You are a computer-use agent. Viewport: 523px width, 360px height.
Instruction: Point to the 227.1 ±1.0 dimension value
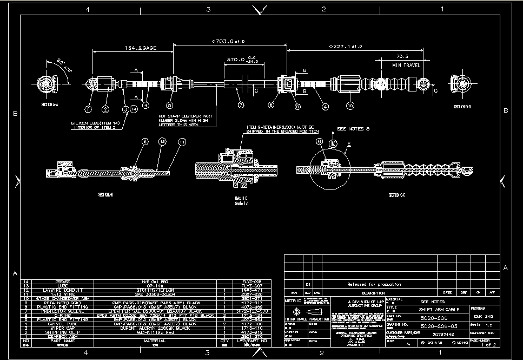(346, 47)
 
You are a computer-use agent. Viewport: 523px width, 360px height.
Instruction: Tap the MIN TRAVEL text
(406, 65)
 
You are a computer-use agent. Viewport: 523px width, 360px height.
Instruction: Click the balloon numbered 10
(350, 106)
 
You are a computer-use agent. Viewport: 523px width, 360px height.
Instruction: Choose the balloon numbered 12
(162, 141)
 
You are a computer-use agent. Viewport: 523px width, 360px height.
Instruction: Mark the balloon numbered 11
(182, 142)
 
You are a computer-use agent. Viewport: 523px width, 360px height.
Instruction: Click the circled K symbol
(333, 143)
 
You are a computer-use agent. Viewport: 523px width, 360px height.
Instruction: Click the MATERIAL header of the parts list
(155, 341)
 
